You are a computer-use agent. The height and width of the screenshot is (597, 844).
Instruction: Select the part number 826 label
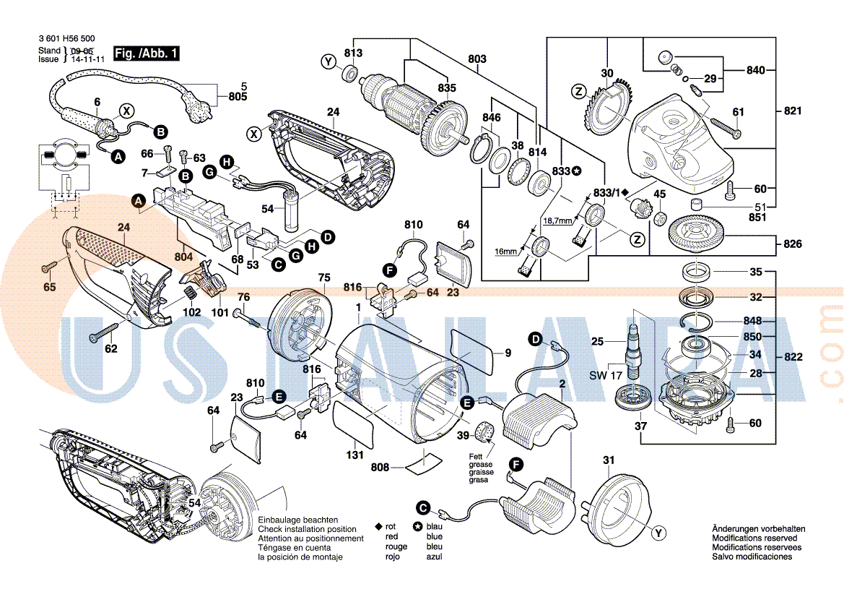pos(792,244)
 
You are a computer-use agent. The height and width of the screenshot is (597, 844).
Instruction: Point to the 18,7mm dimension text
pos(557,220)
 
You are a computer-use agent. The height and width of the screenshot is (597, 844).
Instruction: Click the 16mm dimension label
pos(506,251)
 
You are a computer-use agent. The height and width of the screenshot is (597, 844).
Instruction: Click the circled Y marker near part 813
pos(329,61)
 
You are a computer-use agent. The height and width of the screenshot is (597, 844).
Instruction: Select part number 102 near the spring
pos(191,313)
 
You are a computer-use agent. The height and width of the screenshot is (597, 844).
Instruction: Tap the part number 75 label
pos(323,278)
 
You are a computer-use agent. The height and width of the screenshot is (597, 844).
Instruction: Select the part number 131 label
pos(354,455)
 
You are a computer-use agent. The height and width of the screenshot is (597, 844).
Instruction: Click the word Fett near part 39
pos(476,456)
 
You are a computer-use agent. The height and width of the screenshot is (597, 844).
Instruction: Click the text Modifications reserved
pos(754,538)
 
